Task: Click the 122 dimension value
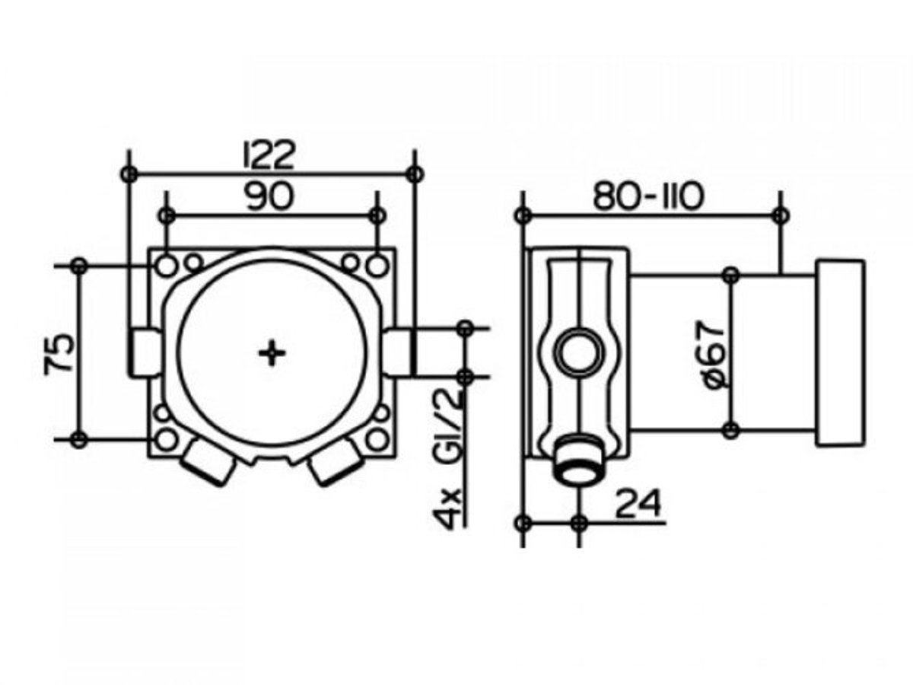click(x=270, y=155)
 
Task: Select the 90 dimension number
click(x=269, y=196)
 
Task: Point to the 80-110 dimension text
click(x=648, y=196)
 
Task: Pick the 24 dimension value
click(x=638, y=504)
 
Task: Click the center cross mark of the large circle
click(x=272, y=353)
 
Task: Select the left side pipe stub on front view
click(x=144, y=352)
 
